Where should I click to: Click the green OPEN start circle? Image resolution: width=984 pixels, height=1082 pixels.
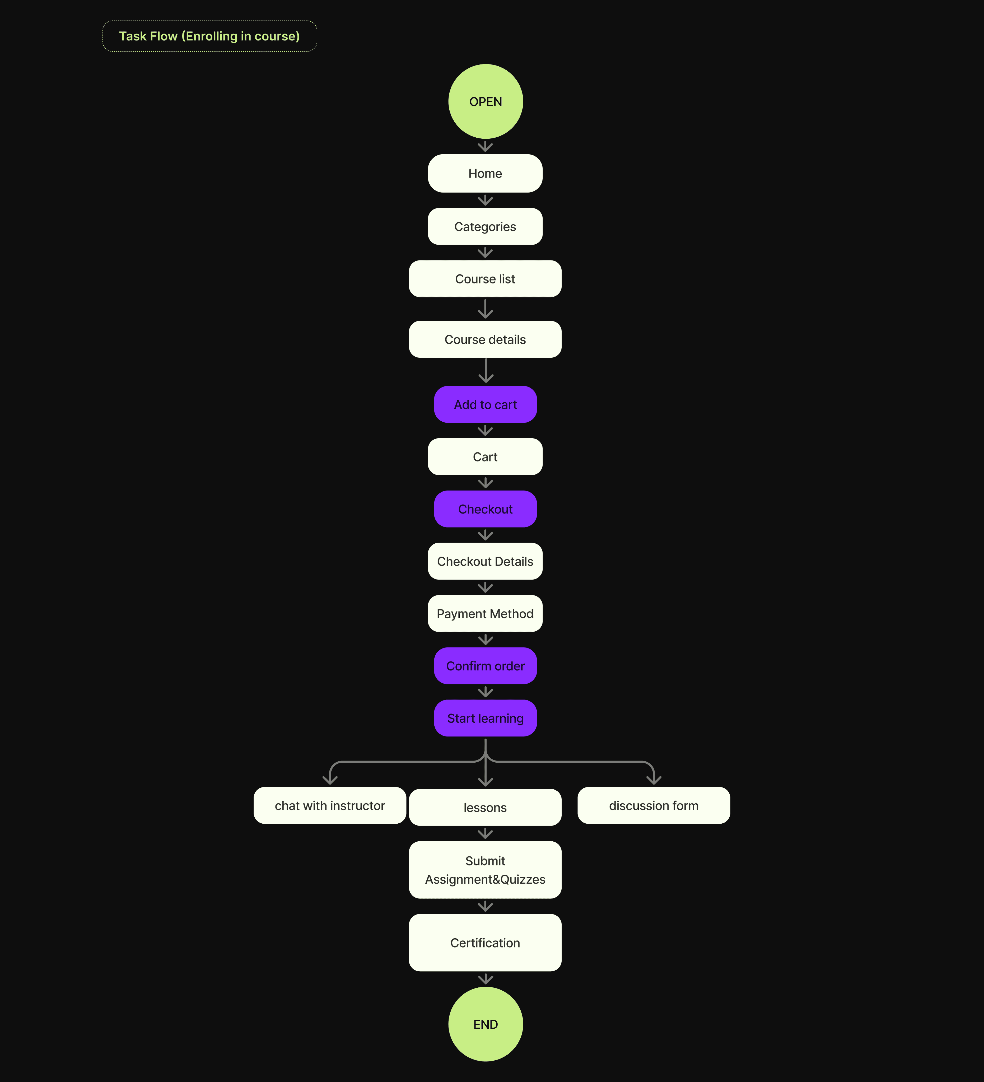(x=485, y=101)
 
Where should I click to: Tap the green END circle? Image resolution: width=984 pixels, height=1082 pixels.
(x=485, y=1024)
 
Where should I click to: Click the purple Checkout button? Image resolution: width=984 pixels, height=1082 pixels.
(x=485, y=509)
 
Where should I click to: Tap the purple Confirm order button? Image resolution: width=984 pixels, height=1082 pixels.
(x=485, y=665)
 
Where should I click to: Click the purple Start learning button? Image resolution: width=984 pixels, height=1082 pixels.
(x=485, y=718)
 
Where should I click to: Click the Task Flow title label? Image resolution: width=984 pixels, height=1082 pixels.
(x=209, y=36)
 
